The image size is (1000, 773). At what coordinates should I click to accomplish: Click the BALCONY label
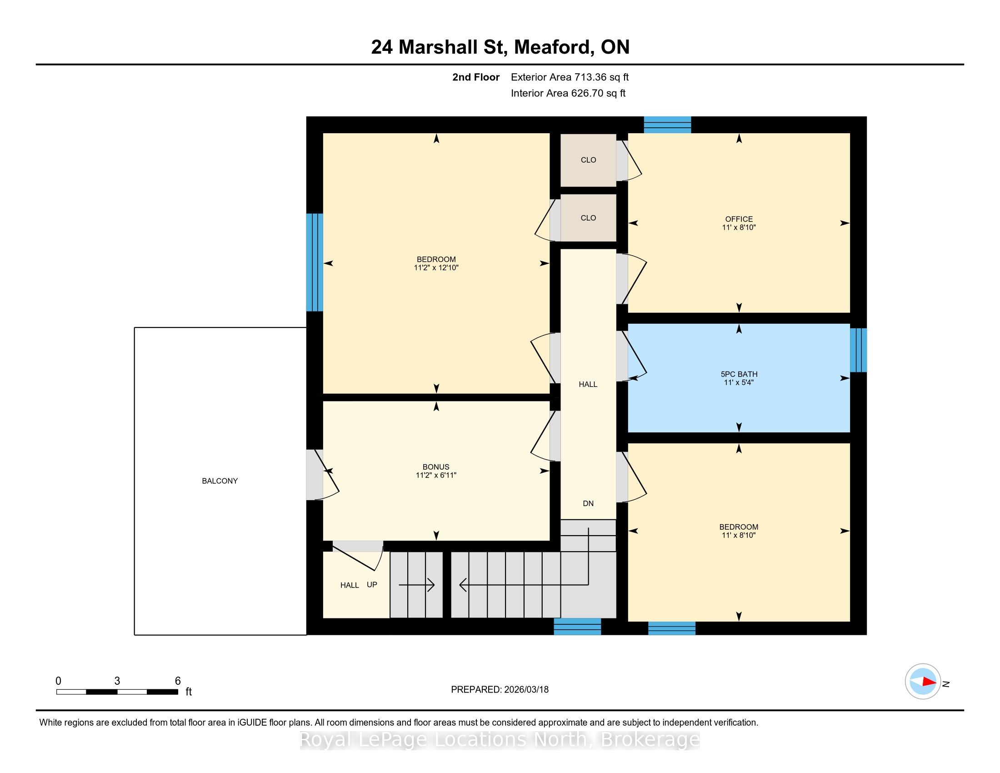coord(220,481)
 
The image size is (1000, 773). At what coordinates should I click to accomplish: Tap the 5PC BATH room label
coord(739,374)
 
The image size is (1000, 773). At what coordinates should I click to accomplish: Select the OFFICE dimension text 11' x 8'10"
coord(739,227)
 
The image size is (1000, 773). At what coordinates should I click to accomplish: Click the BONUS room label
coord(436,467)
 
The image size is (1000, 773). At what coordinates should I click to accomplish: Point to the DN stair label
coord(588,504)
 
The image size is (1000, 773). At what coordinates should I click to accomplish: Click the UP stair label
coord(372,585)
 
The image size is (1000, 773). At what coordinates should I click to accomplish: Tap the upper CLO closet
coord(588,160)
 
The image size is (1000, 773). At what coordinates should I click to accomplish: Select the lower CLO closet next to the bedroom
coord(588,218)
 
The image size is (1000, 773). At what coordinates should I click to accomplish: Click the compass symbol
coord(923,682)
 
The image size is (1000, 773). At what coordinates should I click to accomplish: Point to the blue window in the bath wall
coord(859,350)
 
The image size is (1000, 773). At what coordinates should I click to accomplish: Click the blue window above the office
coord(668,125)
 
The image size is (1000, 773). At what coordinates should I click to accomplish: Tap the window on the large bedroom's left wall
coord(315,262)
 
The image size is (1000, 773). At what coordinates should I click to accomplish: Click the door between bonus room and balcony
coord(322,475)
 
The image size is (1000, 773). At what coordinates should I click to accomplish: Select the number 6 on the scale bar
coord(178,681)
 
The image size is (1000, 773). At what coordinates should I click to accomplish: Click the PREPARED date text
coord(500,690)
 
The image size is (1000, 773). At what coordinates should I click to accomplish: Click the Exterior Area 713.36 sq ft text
coord(570,77)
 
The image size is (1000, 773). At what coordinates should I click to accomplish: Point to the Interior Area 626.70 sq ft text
coord(568,93)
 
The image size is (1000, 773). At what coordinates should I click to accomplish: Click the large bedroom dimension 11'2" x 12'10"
coord(436,267)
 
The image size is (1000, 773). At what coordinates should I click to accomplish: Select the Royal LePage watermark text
coord(500,739)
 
